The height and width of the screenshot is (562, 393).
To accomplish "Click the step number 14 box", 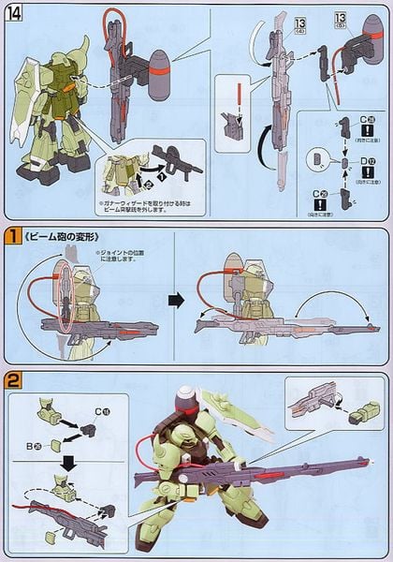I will pyautogui.click(x=15, y=15).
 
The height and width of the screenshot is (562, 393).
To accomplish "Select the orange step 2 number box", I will pyautogui.click(x=13, y=380).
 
